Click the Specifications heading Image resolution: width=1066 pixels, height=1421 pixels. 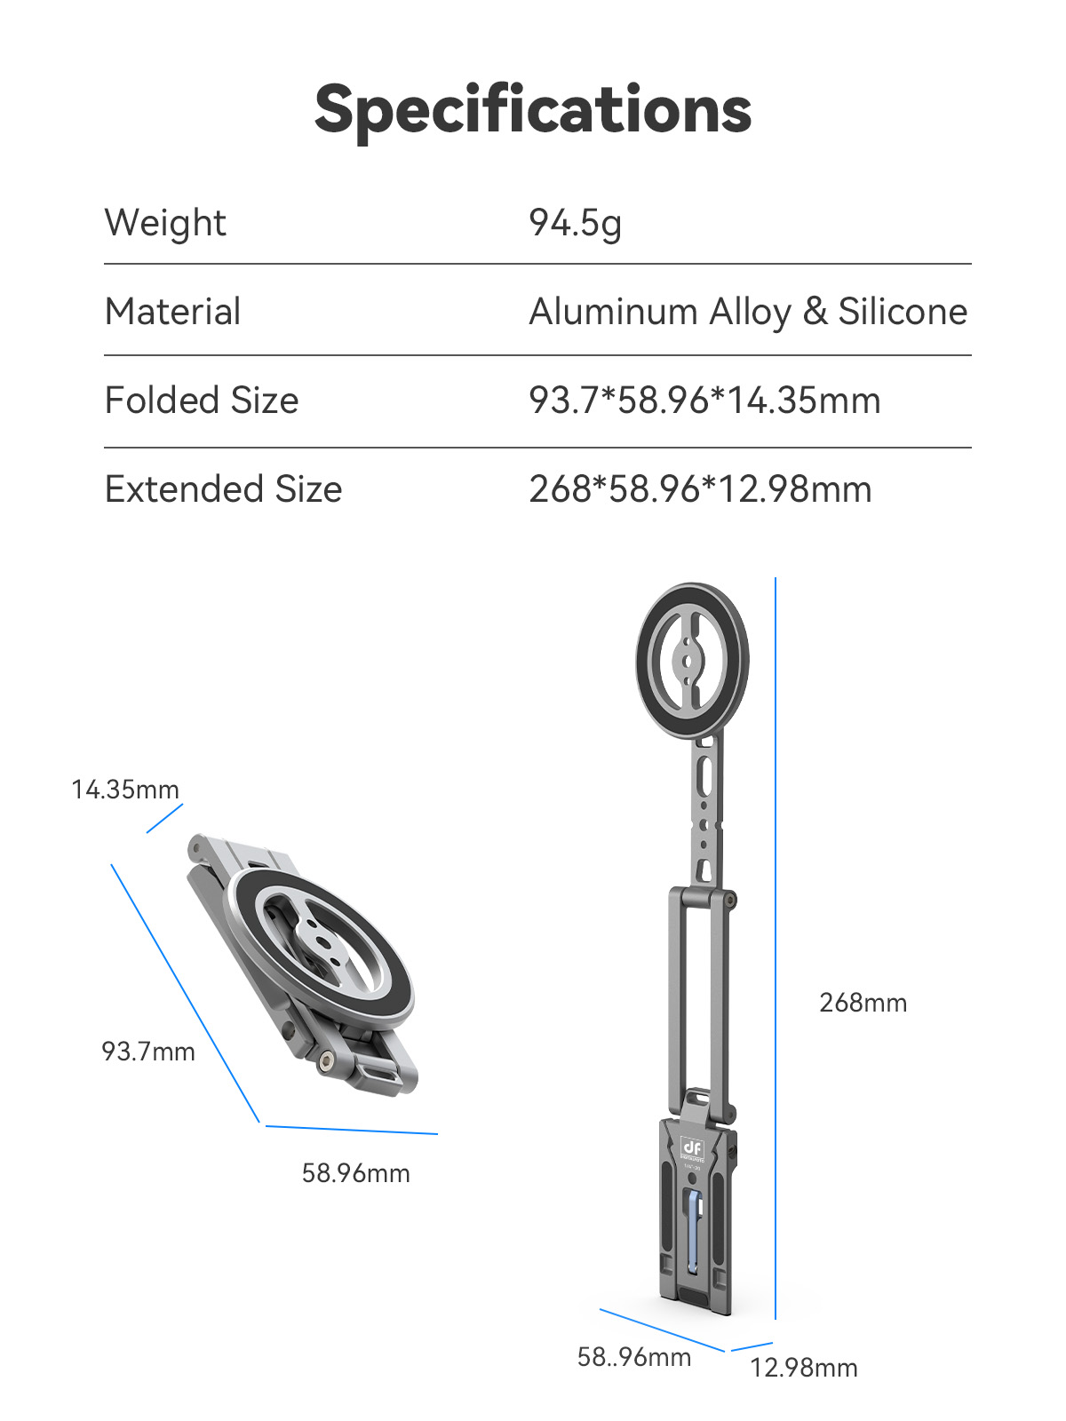point(533,111)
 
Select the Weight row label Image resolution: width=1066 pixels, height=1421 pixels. point(166,223)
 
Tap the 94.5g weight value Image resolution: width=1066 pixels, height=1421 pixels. point(576,223)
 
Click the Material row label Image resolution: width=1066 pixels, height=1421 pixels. point(173,312)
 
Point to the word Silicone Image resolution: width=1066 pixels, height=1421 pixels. point(903,312)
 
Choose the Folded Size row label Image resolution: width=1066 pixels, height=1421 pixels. point(202,400)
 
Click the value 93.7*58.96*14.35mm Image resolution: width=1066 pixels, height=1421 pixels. point(704,400)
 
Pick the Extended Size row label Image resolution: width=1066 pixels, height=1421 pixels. point(223,488)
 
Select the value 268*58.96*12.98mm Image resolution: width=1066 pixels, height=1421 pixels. point(700,488)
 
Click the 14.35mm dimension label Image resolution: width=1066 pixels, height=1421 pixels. point(125,790)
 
